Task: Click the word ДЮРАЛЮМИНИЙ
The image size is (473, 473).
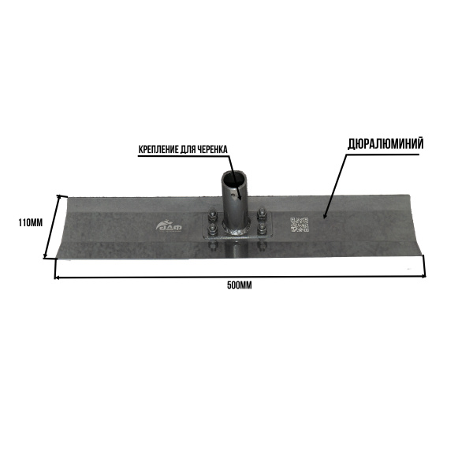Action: (385, 144)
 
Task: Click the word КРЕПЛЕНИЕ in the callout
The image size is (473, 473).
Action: (158, 149)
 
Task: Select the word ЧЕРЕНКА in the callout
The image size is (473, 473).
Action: (212, 149)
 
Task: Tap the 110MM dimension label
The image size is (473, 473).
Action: (31, 223)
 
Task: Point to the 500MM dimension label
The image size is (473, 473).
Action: (240, 285)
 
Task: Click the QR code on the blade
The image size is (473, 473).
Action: (300, 225)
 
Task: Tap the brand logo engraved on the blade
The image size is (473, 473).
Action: (169, 226)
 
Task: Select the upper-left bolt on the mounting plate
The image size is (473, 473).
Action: (212, 214)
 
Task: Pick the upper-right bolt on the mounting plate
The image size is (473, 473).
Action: (262, 214)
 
